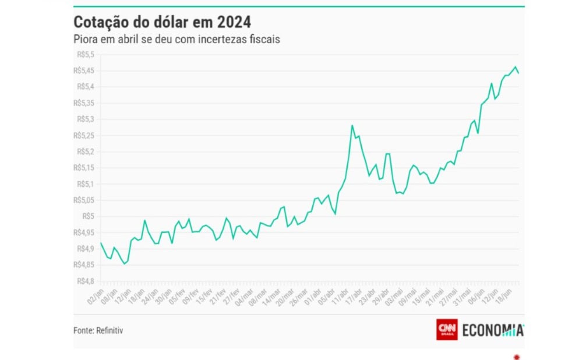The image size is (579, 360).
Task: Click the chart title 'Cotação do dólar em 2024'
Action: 162,22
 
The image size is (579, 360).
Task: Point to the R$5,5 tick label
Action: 84,55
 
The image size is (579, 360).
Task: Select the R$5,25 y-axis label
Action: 83,135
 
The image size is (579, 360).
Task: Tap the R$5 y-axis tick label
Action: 88,216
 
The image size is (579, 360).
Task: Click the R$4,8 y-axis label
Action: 84,281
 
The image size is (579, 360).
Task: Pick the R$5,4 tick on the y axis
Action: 84,87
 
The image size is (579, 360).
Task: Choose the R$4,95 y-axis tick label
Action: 83,232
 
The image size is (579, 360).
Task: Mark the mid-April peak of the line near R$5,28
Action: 352,125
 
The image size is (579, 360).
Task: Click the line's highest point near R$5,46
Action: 516,67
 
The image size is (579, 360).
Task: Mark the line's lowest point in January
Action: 123,264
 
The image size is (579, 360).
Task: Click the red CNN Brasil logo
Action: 447,330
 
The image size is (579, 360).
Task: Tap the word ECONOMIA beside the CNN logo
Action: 493,330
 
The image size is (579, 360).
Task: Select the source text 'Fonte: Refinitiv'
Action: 98,330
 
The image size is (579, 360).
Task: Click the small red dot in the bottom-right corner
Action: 516,356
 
